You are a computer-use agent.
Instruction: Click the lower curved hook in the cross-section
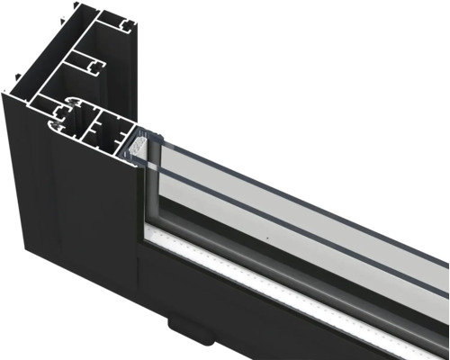click(65, 129)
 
